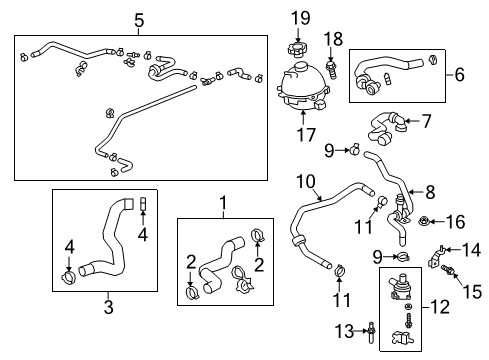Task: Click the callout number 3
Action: click(108, 326)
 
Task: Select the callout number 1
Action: click(222, 203)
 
